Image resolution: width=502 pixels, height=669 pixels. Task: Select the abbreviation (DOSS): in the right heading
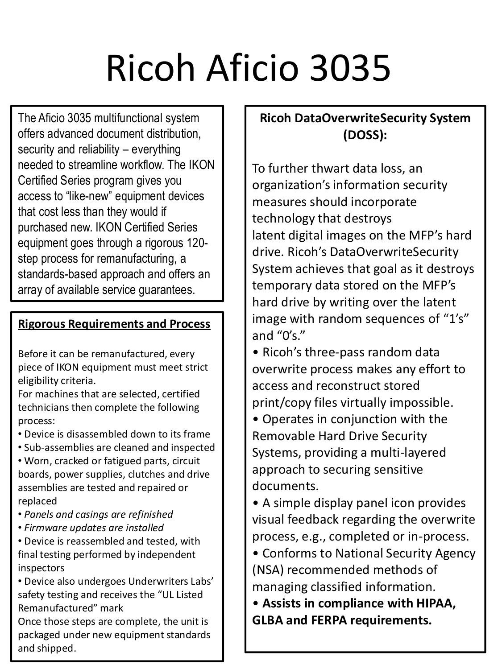[365, 135]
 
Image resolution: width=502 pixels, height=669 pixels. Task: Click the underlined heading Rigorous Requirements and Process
[114, 324]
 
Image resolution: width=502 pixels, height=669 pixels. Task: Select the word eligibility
[38, 380]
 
